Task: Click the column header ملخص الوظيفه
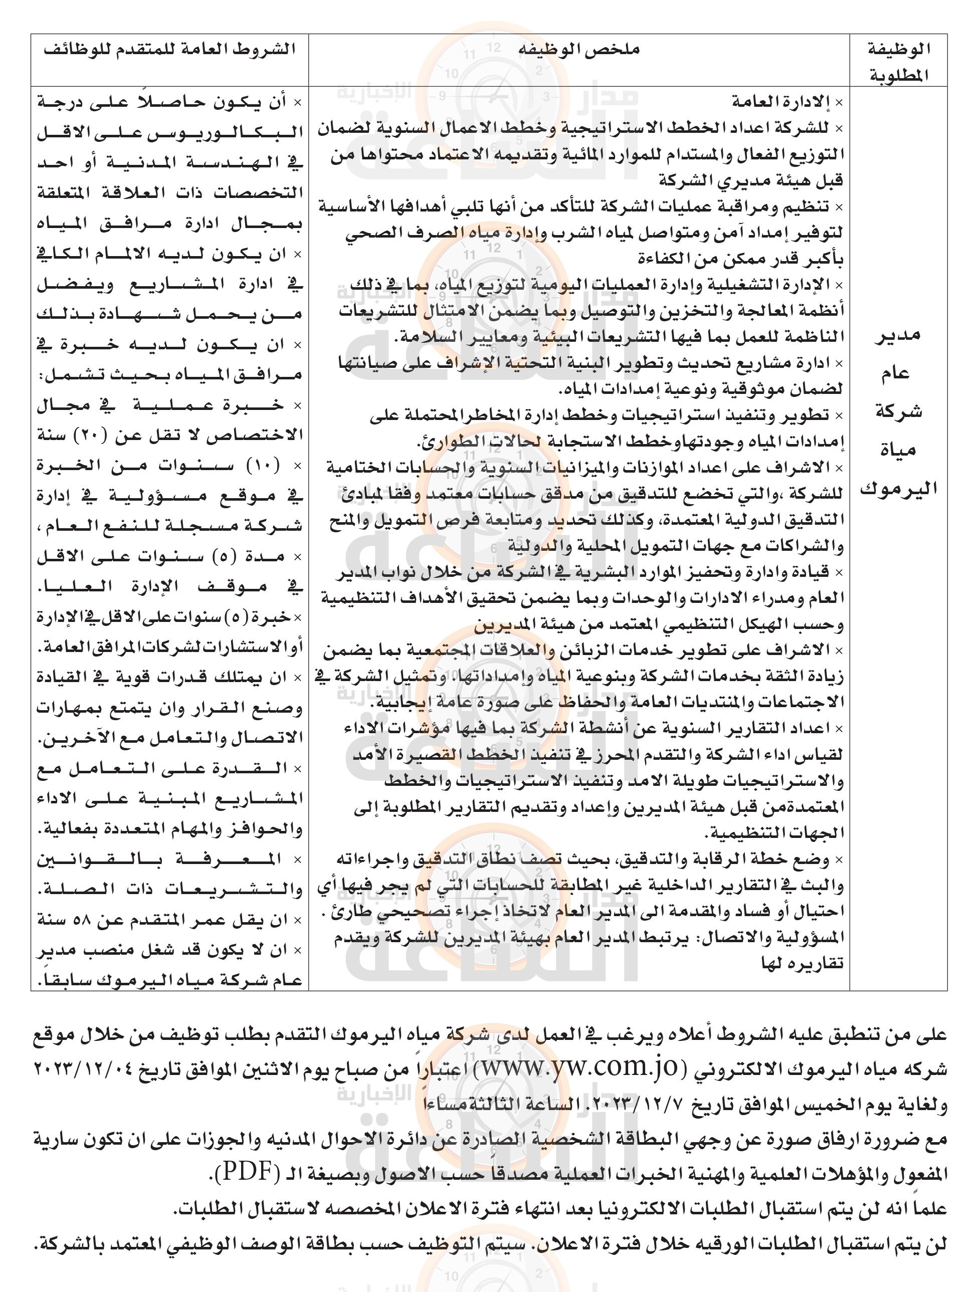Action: click(x=579, y=50)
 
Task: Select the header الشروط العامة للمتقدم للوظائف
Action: click(x=169, y=50)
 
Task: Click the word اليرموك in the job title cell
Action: click(x=898, y=488)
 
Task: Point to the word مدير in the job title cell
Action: click(x=898, y=335)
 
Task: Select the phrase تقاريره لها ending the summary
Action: click(x=803, y=964)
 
